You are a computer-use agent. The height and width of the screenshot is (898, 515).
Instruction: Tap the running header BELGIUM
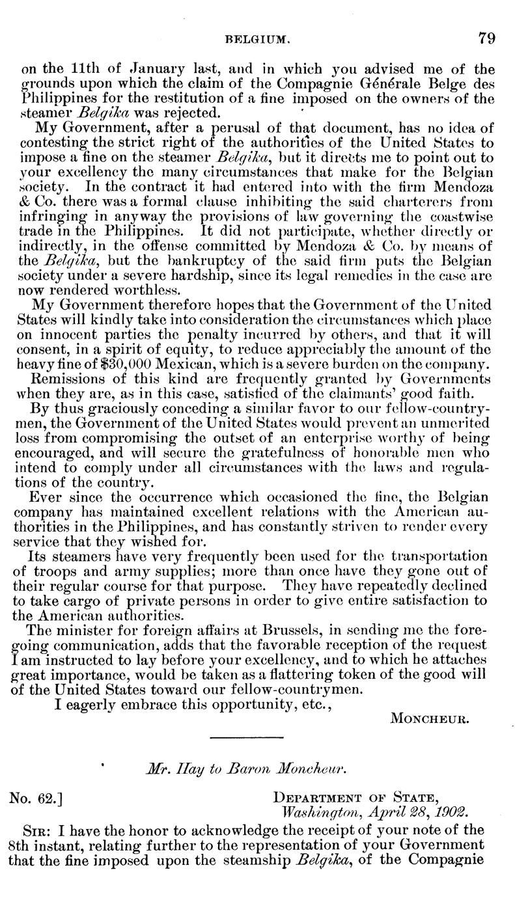253,39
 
